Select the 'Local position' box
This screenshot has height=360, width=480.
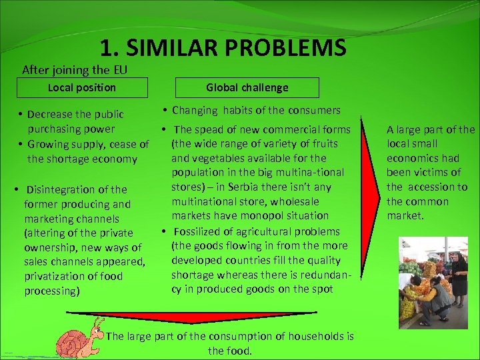coord(82,88)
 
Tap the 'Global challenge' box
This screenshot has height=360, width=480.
coord(247,88)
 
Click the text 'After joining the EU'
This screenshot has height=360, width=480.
coord(74,69)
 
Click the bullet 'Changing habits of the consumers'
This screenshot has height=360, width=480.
coord(256,111)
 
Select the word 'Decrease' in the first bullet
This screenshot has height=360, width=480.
coord(49,115)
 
